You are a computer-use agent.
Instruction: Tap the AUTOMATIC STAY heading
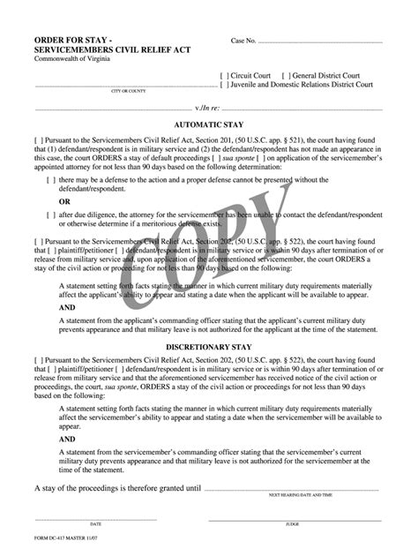pyautogui.click(x=210, y=125)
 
